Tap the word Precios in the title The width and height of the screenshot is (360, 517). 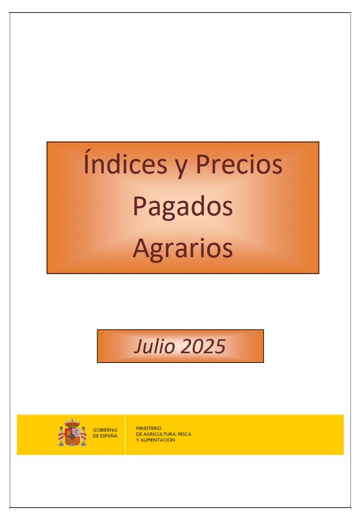[239, 164]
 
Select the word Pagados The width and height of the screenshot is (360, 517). [183, 207]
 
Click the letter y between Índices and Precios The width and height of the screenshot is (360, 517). [181, 168]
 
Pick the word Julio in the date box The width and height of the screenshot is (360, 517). [154, 346]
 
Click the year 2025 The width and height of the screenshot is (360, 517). [204, 346]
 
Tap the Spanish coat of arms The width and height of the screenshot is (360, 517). [72, 433]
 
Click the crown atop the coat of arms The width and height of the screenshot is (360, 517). [72, 423]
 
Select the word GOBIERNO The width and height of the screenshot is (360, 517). [105, 430]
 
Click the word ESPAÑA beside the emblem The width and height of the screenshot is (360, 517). [108, 436]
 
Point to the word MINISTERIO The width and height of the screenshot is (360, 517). [148, 428]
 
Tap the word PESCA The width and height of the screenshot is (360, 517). [185, 434]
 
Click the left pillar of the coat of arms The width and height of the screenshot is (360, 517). [61, 436]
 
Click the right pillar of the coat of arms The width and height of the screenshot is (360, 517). [83, 436]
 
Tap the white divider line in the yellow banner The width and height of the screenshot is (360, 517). [125, 434]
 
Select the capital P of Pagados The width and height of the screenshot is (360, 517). [139, 206]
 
